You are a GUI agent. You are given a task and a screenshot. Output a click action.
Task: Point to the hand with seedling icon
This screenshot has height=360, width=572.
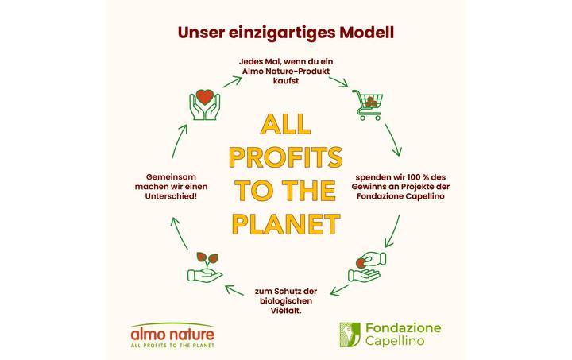point(203,268)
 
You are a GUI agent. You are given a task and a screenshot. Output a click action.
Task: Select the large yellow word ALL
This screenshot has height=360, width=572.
point(285,125)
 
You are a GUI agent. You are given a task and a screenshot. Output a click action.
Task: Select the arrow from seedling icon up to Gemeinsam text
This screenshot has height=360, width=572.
point(176,230)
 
